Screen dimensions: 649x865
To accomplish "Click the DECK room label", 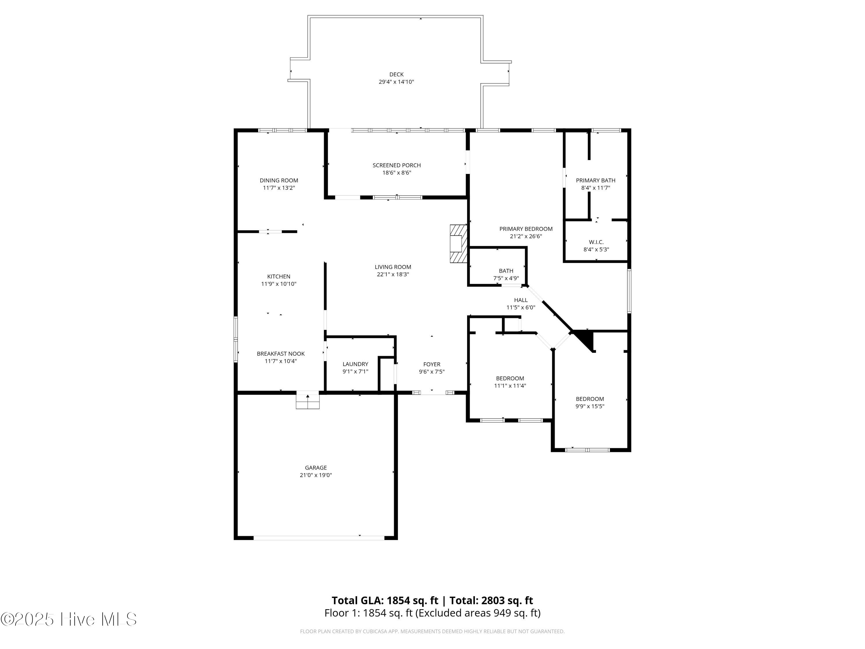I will pos(396,74).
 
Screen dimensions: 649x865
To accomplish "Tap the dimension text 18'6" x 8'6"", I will pos(396,172).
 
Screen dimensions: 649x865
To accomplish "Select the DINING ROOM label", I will pos(279,180).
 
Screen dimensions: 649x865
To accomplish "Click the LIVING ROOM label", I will pos(393,267).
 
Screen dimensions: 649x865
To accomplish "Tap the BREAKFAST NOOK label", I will pos(280,354).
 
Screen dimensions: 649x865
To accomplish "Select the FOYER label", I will pos(431,364).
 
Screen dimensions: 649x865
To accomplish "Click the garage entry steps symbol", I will pos(307,400).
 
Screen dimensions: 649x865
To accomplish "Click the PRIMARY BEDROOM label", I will pos(526,229).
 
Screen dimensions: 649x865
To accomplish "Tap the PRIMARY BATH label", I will pos(595,180).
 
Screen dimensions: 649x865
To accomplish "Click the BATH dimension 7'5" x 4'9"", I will pos(506,278).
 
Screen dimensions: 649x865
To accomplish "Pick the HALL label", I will pos(520,300).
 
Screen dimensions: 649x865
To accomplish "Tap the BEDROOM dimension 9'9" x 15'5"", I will pos(590,406).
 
